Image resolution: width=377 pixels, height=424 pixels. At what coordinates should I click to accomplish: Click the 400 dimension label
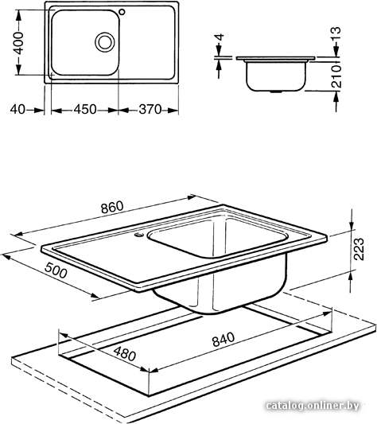[x=18, y=43]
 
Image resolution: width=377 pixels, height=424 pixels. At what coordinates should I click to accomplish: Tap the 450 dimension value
[x=85, y=110]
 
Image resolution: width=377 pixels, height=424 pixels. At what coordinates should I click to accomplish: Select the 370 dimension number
[x=150, y=110]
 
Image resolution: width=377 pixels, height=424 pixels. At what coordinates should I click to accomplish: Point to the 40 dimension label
[x=17, y=110]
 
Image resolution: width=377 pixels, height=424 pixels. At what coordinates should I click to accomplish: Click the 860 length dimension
[x=112, y=207]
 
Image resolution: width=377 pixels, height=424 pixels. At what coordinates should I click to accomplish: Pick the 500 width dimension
[x=56, y=270]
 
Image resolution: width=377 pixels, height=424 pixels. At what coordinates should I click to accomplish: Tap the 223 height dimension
[x=359, y=249]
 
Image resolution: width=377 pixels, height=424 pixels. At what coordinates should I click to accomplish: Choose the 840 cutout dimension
[x=223, y=340]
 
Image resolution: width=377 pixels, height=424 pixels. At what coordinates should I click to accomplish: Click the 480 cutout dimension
[x=124, y=354]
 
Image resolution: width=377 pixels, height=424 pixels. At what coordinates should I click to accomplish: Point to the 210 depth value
[x=336, y=76]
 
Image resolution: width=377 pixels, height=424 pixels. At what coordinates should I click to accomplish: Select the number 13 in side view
[x=336, y=33]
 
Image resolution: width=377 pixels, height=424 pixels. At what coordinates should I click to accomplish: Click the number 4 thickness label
[x=220, y=37]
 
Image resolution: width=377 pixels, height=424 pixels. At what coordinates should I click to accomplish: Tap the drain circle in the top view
[x=105, y=42]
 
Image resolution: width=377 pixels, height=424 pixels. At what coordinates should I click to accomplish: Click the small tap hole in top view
[x=122, y=12]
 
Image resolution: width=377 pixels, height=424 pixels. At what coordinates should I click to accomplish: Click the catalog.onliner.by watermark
[x=313, y=406]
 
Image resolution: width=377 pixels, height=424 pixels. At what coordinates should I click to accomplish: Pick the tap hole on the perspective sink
[x=139, y=234]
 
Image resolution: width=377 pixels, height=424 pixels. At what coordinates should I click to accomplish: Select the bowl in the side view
[x=276, y=76]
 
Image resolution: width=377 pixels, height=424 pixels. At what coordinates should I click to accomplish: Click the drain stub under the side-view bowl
[x=276, y=91]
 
